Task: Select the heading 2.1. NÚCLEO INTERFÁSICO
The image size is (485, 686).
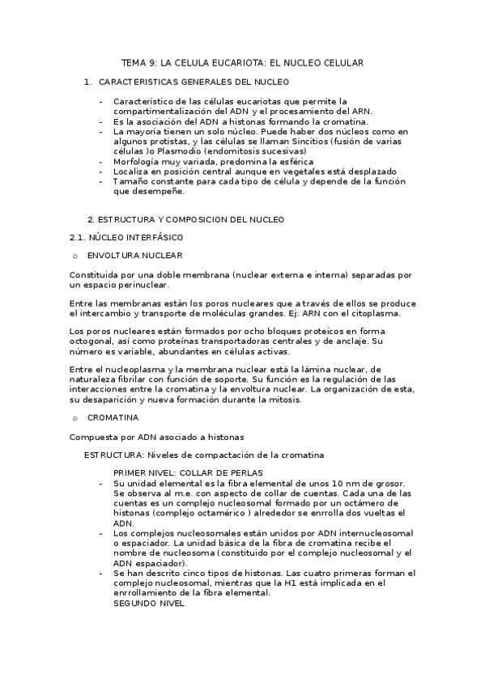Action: click(126, 237)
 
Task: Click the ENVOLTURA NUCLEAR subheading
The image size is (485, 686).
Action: click(134, 256)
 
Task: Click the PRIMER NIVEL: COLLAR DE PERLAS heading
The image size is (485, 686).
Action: click(188, 472)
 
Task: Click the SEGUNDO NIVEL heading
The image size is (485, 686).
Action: click(149, 603)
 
